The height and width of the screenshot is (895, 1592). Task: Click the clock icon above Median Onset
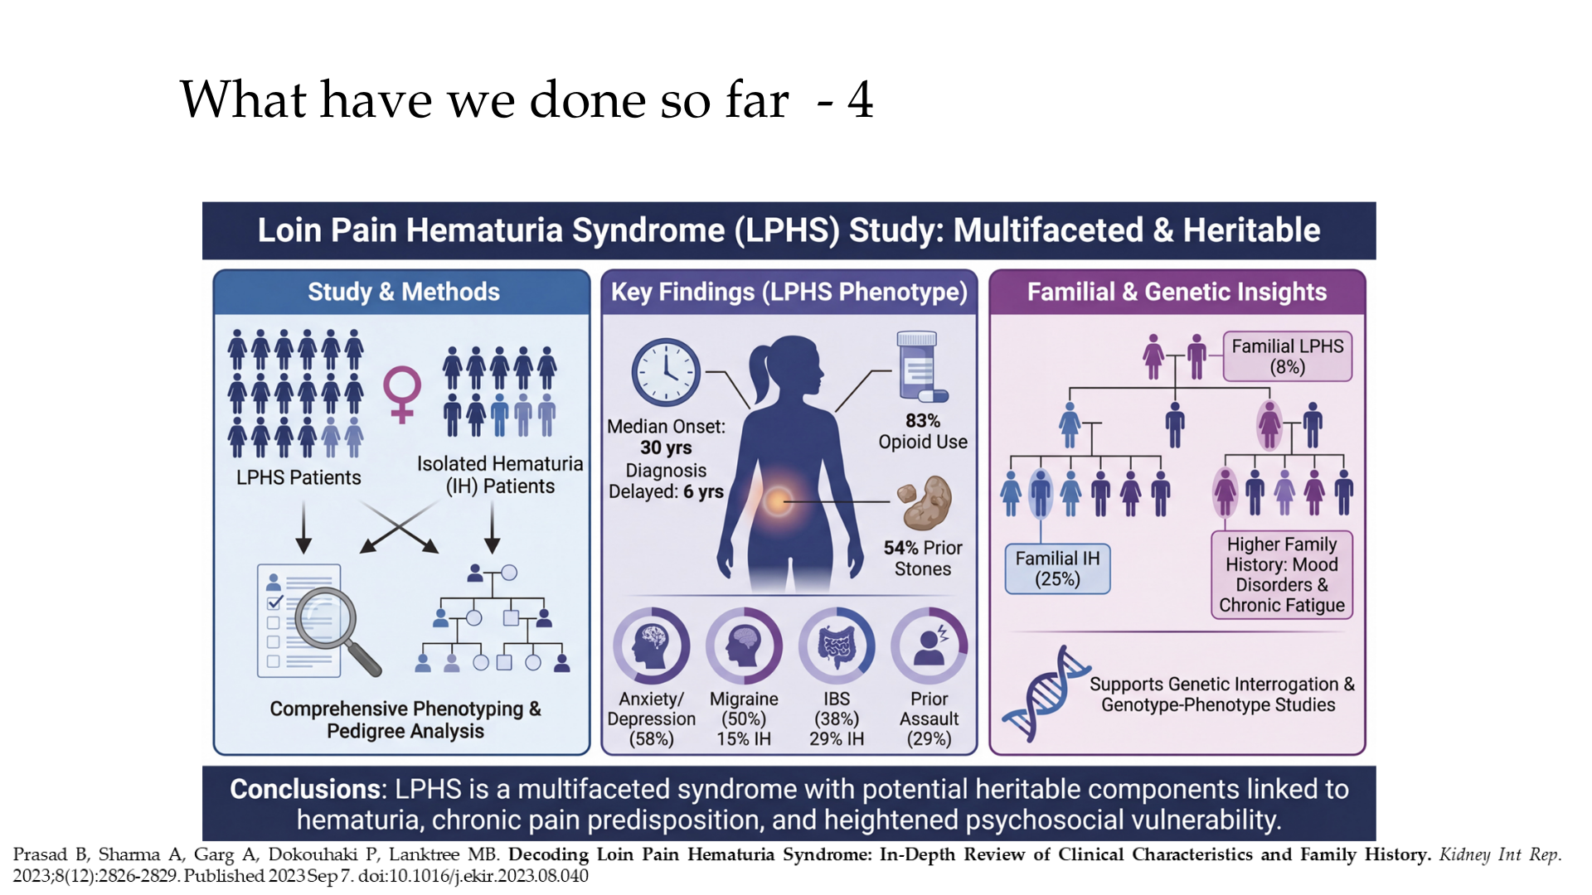[666, 372]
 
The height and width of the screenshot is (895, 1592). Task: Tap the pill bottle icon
[920, 367]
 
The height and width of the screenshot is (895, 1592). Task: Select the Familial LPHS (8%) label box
[1287, 356]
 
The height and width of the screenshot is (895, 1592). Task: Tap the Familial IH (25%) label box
[1057, 568]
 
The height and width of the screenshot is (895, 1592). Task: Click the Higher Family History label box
[1282, 574]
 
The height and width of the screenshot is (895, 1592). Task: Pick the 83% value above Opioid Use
[923, 421]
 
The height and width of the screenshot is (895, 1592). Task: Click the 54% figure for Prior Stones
[900, 548]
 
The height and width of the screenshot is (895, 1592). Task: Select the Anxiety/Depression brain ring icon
[651, 646]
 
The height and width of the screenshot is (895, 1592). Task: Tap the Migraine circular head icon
[744, 646]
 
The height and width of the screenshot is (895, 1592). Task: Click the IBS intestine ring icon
[837, 646]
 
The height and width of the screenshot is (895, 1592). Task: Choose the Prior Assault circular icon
[929, 646]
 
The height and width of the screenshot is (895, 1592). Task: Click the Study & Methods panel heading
[404, 292]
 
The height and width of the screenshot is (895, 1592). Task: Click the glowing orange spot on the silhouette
[778, 501]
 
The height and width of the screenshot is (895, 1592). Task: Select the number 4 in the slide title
[860, 100]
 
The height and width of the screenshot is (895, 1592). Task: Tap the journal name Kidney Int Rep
[1499, 854]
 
